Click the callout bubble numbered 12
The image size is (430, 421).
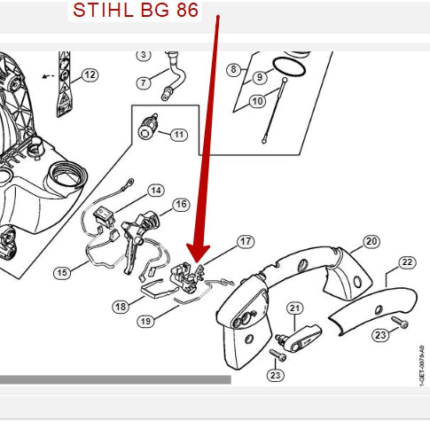90,74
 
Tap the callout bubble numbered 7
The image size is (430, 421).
144,82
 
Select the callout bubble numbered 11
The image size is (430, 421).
179,135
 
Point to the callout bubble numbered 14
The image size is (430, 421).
156,191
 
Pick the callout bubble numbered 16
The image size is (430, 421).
181,205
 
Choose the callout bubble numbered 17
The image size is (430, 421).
246,241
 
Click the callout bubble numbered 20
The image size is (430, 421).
371,241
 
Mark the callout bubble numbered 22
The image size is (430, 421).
407,262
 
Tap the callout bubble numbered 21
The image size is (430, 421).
295,308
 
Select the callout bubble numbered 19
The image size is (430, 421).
145,321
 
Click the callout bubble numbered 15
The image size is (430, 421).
62,272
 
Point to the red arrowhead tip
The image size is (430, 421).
199,263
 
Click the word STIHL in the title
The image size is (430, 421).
103,10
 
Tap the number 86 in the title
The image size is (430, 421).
187,10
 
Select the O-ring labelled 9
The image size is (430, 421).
289,67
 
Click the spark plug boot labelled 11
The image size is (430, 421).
148,127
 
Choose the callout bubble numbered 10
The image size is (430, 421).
257,101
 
